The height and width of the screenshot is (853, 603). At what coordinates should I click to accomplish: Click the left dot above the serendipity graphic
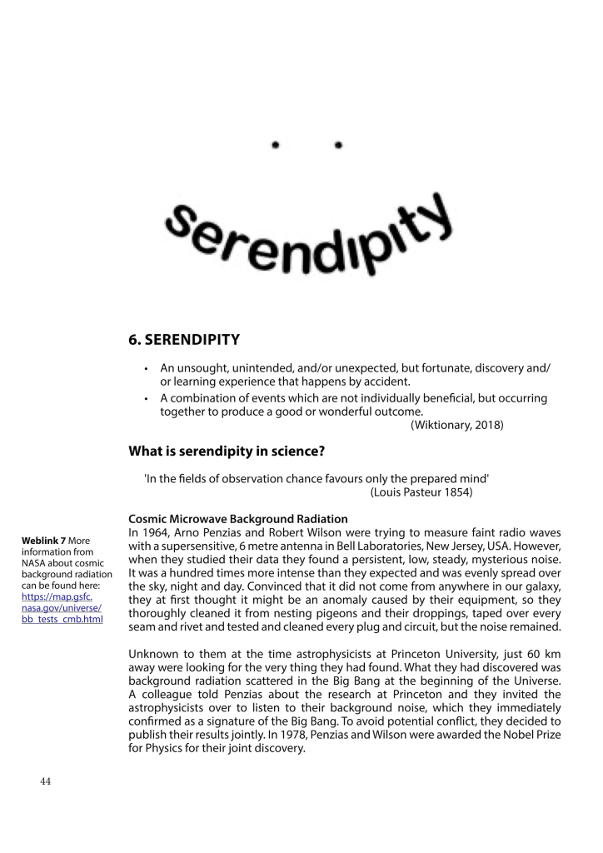click(x=275, y=146)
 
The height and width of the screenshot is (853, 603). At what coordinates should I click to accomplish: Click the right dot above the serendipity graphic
click(x=338, y=146)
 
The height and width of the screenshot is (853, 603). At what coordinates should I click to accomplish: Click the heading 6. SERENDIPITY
click(x=184, y=339)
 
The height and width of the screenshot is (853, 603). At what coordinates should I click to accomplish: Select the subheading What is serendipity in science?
click(x=226, y=451)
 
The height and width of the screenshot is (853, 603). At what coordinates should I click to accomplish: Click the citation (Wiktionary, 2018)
click(x=456, y=426)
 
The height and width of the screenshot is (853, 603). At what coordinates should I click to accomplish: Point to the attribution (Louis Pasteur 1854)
click(x=421, y=492)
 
